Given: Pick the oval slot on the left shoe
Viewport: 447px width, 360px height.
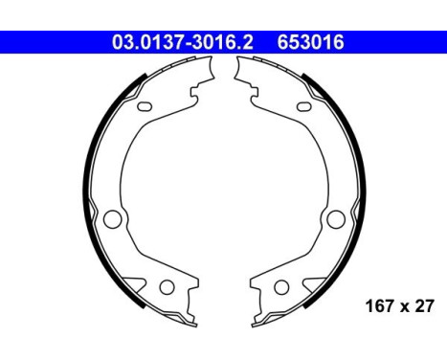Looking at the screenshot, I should (x=145, y=106).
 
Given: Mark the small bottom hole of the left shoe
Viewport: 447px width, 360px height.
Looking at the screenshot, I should (x=165, y=286).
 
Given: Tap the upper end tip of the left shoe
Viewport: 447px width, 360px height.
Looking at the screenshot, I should (x=211, y=68).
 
